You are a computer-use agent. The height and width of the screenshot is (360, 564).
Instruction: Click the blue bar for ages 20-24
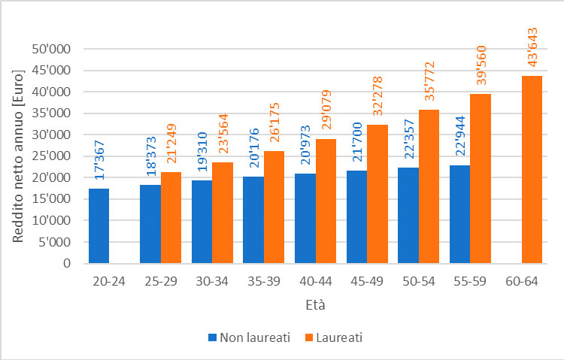click(99, 226)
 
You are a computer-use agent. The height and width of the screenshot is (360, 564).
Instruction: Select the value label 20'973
click(305, 147)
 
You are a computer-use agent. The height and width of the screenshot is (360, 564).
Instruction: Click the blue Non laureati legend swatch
click(211, 337)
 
